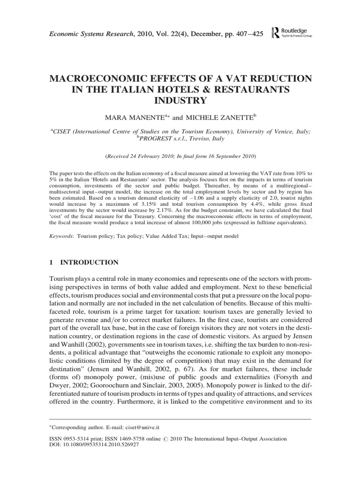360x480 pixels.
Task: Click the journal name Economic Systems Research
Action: click(x=85, y=32)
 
